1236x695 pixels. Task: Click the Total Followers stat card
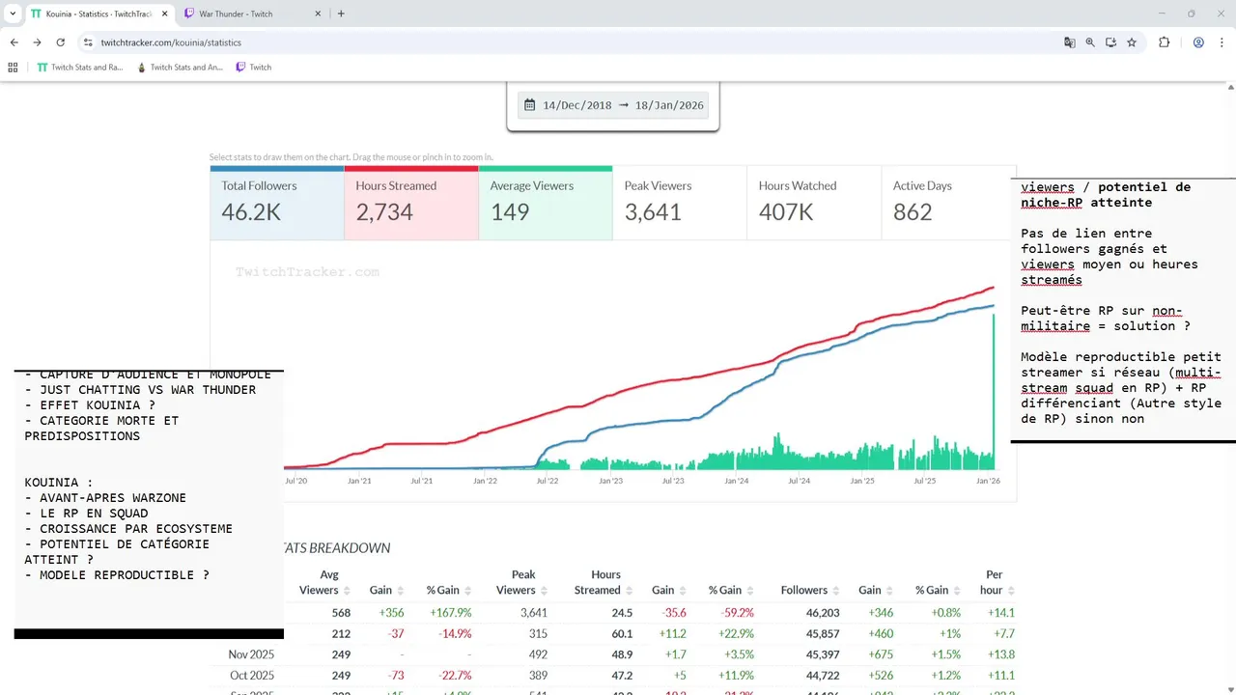277,203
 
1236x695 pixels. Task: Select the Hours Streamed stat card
410,203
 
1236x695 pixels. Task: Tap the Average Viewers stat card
545,203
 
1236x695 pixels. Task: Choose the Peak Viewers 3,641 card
679,203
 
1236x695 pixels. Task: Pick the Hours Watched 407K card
813,203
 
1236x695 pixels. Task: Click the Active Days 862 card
945,203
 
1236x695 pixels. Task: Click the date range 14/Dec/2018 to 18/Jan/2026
613,105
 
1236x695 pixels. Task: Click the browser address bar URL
171,42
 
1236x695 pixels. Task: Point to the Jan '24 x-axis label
736,480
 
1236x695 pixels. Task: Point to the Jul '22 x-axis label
548,480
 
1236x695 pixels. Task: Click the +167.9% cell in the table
449,612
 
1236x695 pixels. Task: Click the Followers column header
803,590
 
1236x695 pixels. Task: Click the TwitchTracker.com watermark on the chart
307,272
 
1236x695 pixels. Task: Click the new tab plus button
341,14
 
